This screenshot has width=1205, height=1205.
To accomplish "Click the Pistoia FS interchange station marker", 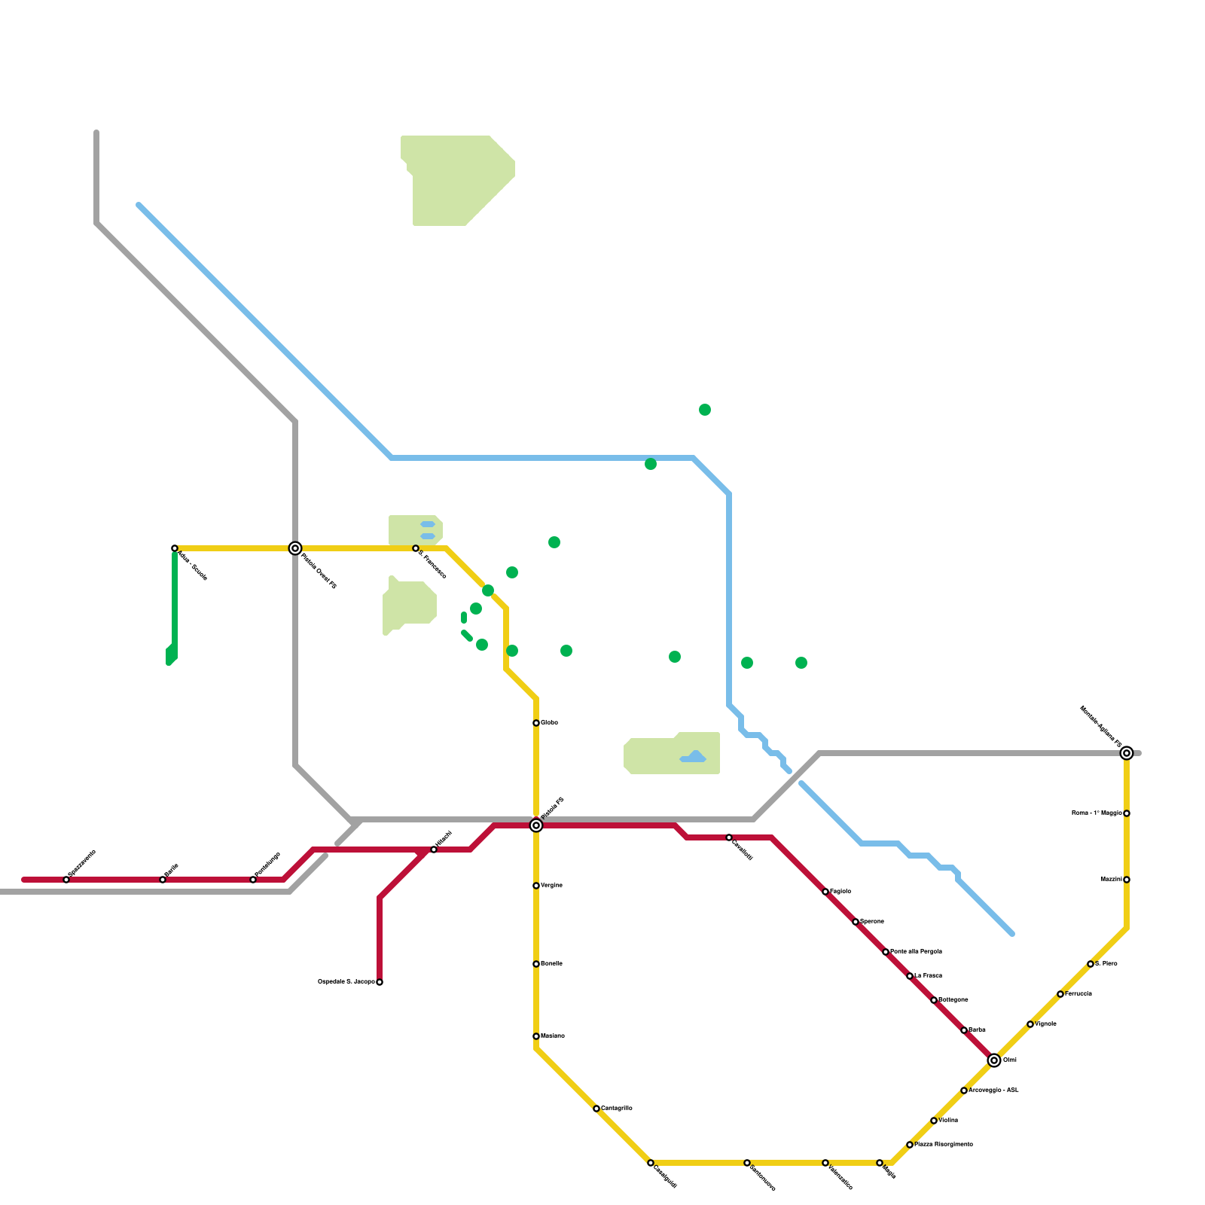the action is coord(536,825).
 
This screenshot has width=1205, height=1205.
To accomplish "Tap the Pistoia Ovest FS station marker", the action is coord(295,548).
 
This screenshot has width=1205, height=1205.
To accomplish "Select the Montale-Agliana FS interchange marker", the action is coord(1127,753).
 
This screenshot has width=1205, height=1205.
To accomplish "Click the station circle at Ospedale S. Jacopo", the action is coord(380,982).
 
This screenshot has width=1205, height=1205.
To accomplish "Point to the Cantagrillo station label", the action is coord(617,1109).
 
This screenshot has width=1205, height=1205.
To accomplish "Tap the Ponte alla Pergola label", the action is coord(916,952).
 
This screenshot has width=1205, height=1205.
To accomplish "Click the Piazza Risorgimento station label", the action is coord(944,1145).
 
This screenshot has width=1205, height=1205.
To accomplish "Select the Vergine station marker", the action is coord(536,886).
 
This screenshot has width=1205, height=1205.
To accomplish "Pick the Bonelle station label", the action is coord(551,964).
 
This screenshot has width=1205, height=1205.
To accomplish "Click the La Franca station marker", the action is coord(910,976).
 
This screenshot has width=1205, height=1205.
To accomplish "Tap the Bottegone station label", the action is coord(953,1000).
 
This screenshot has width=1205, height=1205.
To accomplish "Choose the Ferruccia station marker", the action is coord(1060,994).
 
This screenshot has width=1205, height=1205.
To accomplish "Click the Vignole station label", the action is coord(1045,1024).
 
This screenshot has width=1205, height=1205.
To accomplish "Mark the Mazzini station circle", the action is coord(1127,880).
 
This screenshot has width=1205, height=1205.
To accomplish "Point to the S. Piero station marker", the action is coord(1091,964).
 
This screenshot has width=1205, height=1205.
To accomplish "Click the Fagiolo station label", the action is coord(840,892).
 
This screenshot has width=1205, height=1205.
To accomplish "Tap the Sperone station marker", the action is coord(856,922).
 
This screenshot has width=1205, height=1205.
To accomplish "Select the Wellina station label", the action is coord(948,1121).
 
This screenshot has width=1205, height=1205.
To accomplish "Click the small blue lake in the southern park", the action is coord(694,758).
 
